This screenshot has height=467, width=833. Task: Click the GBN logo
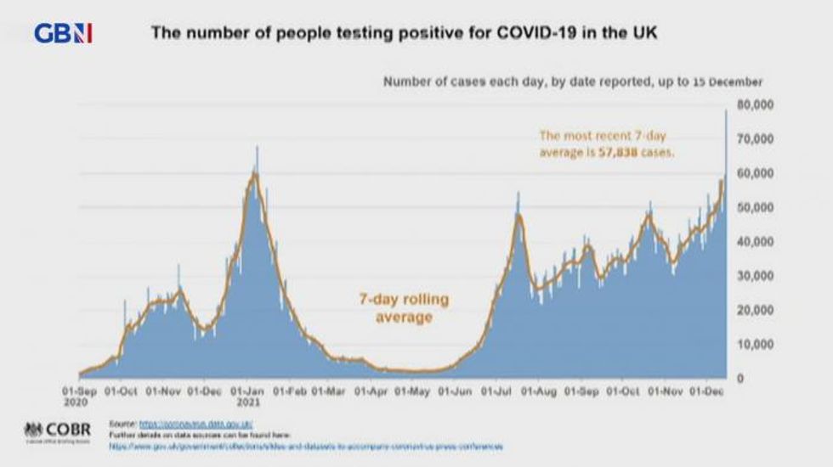[63, 34]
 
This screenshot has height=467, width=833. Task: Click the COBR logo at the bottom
[57, 430]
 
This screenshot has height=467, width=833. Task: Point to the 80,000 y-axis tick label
[755, 104]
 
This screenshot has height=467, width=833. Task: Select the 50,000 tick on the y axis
[755, 207]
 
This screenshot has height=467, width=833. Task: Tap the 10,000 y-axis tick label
[755, 345]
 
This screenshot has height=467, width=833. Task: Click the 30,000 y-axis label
[755, 276]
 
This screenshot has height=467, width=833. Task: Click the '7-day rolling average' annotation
[404, 308]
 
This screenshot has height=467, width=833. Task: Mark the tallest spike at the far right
[726, 112]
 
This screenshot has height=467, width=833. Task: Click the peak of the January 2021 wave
[257, 149]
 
